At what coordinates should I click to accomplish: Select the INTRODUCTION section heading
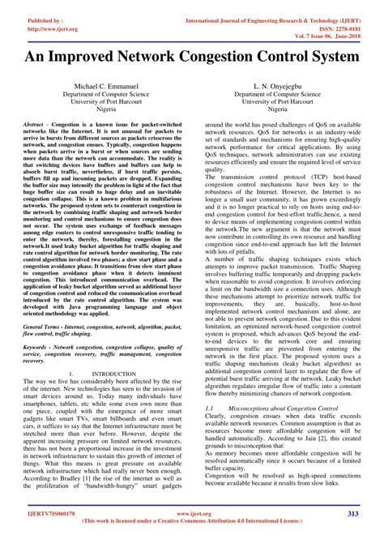coord(114,374)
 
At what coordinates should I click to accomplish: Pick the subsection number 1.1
coord(210,410)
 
